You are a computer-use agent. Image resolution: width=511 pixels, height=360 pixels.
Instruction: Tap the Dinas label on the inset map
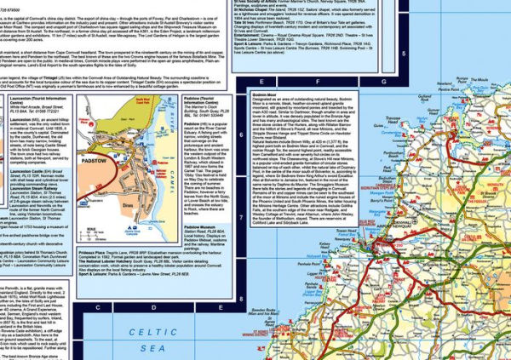(x=128, y=204)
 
